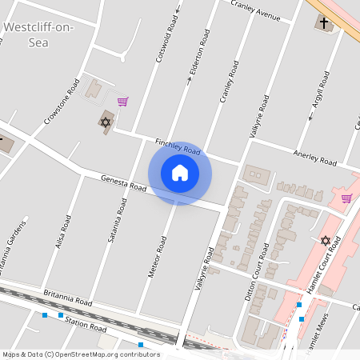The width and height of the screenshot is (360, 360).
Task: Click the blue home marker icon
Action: [x=180, y=173]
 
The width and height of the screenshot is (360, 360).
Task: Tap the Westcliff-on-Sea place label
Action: [x=38, y=34]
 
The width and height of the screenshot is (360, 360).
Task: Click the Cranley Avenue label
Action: [x=255, y=10]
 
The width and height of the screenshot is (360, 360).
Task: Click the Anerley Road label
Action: [x=315, y=157]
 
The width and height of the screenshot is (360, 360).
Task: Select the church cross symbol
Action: [x=325, y=22]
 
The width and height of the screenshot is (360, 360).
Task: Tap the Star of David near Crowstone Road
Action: [x=104, y=122]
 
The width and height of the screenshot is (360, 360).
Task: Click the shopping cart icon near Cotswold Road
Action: [x=122, y=102]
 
